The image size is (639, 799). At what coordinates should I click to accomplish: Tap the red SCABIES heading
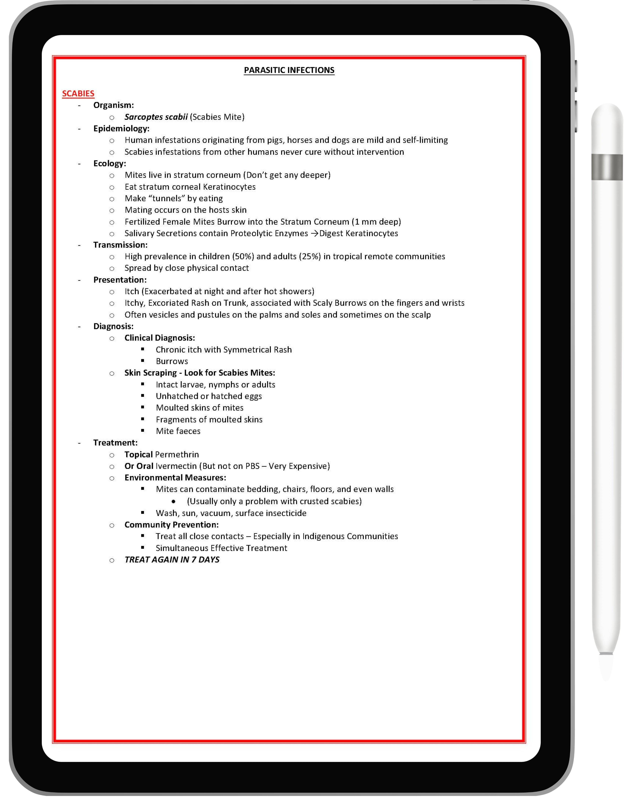pyautogui.click(x=78, y=93)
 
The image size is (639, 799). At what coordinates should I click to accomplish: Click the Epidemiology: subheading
pyautogui.click(x=121, y=129)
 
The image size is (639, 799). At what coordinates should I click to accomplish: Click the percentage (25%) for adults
pyautogui.click(x=310, y=256)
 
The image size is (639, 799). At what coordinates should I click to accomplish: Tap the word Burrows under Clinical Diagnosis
pyautogui.click(x=172, y=361)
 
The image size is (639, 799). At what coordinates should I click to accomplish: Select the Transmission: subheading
pyautogui.click(x=120, y=245)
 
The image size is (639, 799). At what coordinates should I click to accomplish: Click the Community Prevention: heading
pyautogui.click(x=172, y=525)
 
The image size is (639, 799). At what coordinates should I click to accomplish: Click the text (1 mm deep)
pyautogui.click(x=376, y=222)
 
